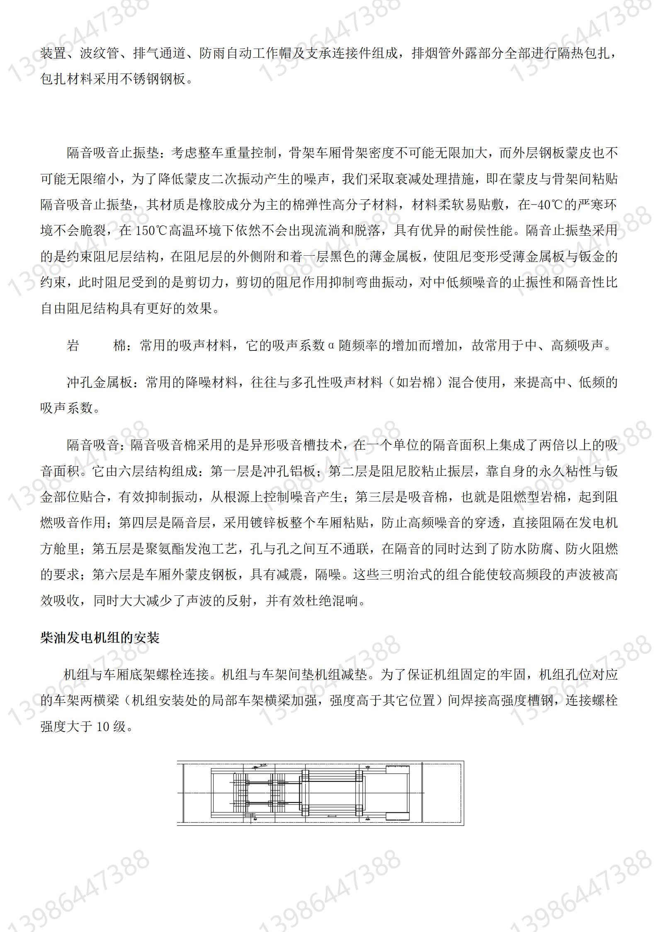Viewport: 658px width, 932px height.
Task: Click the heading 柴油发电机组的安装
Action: click(100, 637)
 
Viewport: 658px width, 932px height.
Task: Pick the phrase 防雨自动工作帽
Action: click(245, 54)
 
